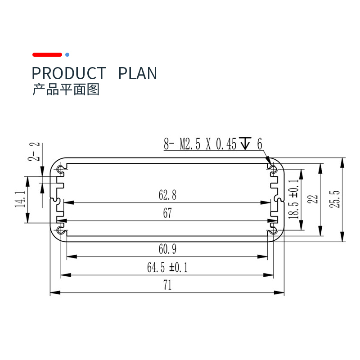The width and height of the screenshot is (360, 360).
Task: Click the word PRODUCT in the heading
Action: click(x=69, y=73)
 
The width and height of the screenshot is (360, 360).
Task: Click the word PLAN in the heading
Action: click(x=138, y=73)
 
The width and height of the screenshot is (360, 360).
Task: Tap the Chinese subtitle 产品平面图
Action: click(x=66, y=90)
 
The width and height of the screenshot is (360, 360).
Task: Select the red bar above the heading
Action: click(x=47, y=54)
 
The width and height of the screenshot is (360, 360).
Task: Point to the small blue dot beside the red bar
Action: click(x=67, y=54)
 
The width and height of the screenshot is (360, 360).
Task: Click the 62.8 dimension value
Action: click(x=167, y=195)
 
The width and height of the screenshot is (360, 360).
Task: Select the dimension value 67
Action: click(x=167, y=214)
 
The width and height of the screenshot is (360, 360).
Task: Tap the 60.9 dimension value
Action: click(x=167, y=249)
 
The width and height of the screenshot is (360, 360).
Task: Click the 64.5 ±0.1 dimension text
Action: click(x=167, y=268)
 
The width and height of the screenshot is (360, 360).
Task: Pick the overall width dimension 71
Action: click(x=167, y=285)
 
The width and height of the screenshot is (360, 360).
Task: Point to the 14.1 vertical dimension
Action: click(x=20, y=199)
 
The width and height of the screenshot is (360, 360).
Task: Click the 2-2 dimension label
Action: click(x=35, y=152)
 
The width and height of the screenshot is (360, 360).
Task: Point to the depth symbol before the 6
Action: click(x=245, y=144)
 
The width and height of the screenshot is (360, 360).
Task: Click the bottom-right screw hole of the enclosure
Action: click(x=273, y=231)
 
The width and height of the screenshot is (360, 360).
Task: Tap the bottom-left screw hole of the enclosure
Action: click(x=61, y=231)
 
